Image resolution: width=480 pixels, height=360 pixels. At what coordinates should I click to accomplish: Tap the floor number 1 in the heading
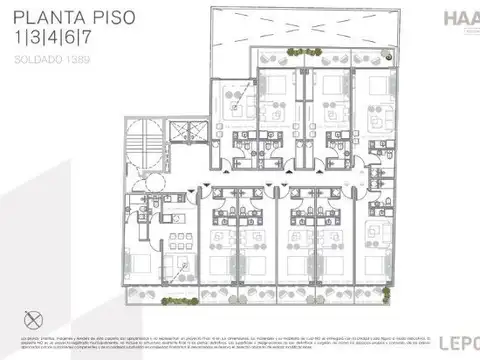click(21, 40)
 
